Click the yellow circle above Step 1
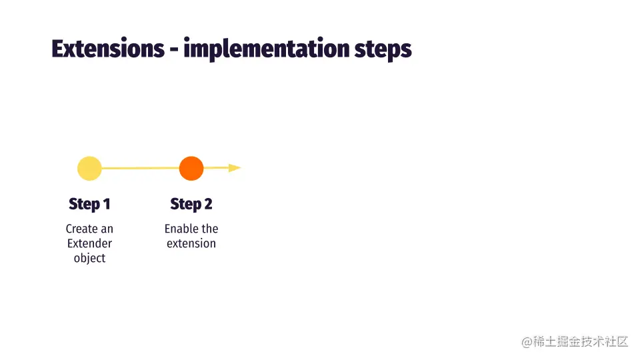tap(89, 168)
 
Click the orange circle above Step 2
tap(191, 168)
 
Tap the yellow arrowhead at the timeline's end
tap(235, 168)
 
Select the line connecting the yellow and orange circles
tap(141, 168)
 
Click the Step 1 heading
tap(89, 204)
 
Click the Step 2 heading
tap(191, 204)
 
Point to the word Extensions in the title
tap(108, 49)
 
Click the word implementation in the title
tap(267, 49)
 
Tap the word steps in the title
tap(383, 50)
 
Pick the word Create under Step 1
tap(81, 229)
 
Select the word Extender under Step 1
tap(89, 243)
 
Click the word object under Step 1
tap(89, 259)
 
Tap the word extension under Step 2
tap(191, 243)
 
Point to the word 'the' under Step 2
tap(209, 229)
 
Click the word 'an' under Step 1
tap(107, 229)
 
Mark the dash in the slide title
tap(174, 51)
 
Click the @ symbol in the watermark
tap(527, 342)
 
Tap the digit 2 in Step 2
tap(208, 204)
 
